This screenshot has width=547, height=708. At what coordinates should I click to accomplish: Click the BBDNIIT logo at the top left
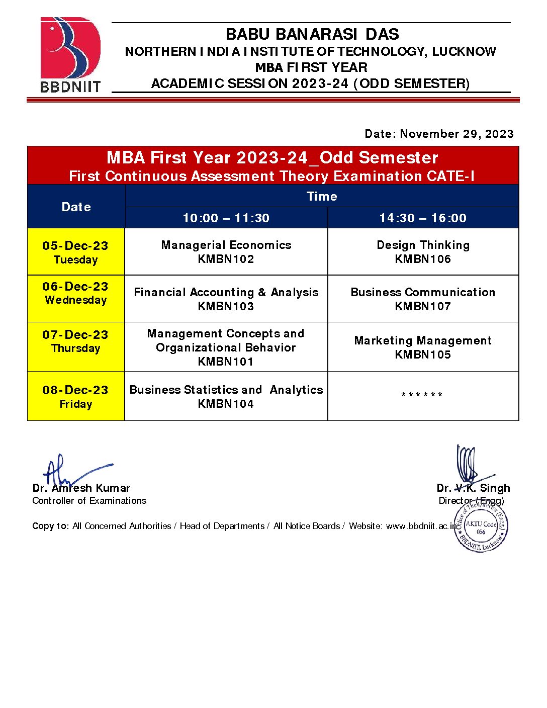[x=70, y=54]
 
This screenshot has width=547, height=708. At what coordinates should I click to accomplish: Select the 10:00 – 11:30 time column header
[x=226, y=218]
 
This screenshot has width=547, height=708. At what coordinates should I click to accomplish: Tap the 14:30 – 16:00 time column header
[x=423, y=218]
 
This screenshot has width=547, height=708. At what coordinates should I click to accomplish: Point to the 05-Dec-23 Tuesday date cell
[x=75, y=252]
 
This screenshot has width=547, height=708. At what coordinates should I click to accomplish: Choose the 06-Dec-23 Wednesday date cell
[x=75, y=293]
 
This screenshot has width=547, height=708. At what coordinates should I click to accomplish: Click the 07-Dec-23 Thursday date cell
[x=75, y=341]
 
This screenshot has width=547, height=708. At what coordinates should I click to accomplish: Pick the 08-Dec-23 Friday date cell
[x=75, y=396]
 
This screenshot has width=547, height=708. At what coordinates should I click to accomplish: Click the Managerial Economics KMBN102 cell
[x=226, y=251]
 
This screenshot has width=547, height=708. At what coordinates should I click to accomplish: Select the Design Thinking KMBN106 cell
[x=423, y=251]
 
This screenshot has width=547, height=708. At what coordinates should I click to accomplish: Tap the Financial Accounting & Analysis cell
[x=226, y=299]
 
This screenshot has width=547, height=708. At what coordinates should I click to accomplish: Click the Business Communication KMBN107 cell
[x=423, y=299]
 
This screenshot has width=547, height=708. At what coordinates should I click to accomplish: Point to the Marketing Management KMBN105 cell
[x=423, y=347]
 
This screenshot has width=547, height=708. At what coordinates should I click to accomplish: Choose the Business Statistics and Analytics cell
[x=226, y=396]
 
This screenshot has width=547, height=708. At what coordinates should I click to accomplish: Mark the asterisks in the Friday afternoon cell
[x=422, y=395]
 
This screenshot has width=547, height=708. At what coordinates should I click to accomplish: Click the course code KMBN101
[x=226, y=362]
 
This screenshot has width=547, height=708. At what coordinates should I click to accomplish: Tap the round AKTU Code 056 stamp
[x=481, y=526]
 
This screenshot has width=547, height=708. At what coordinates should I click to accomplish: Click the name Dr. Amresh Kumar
[x=81, y=488]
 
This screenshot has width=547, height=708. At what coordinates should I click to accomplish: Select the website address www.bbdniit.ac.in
[x=421, y=526]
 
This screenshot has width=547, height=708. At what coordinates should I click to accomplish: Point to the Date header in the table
[x=76, y=207]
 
